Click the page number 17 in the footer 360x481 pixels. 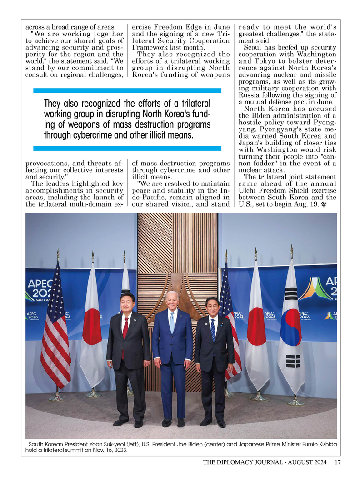click(337, 463)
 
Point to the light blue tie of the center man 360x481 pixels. click(172, 322)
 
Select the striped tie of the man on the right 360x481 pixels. click(213, 329)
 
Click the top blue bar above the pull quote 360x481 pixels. click(127, 90)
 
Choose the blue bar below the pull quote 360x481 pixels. click(127, 148)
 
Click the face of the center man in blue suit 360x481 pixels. click(172, 301)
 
